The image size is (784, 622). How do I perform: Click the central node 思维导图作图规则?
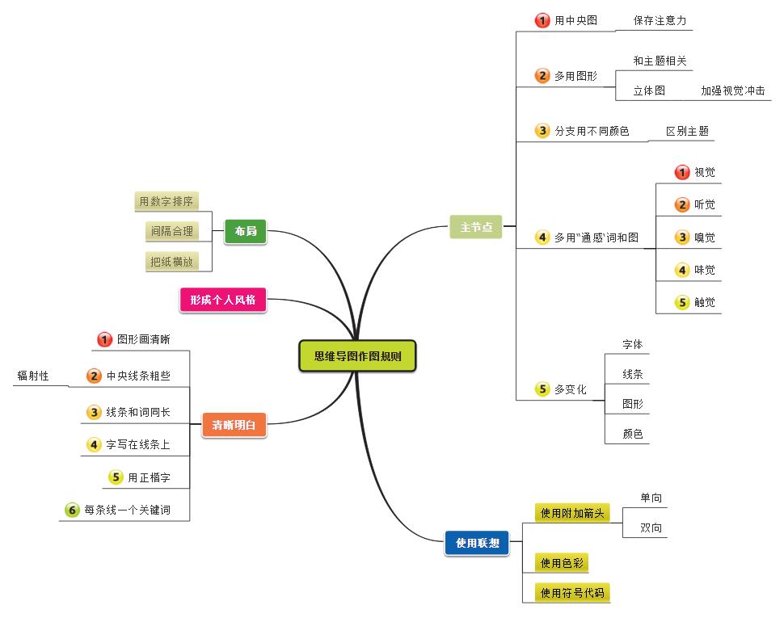pyautogui.click(x=357, y=355)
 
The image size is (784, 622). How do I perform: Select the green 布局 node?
pyautogui.click(x=245, y=232)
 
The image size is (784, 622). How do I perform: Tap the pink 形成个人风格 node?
pyautogui.click(x=222, y=300)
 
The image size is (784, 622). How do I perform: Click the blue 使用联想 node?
pyautogui.click(x=477, y=543)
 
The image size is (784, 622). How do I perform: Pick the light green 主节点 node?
pyautogui.click(x=476, y=228)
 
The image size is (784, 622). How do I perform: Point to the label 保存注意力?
pyautogui.click(x=660, y=20)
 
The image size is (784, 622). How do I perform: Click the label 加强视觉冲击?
pyautogui.click(x=732, y=91)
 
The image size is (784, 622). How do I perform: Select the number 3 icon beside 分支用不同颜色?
pyautogui.click(x=542, y=130)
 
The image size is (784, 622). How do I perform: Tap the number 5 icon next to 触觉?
pyautogui.click(x=682, y=303)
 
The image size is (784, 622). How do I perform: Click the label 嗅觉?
pyautogui.click(x=704, y=237)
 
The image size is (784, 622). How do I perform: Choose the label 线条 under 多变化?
pyautogui.click(x=633, y=374)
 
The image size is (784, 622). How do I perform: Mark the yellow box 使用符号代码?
pyautogui.click(x=572, y=593)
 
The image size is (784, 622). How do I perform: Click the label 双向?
pyautogui.click(x=651, y=528)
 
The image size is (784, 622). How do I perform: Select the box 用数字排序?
pyautogui.click(x=166, y=201)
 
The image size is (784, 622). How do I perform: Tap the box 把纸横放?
pyautogui.click(x=171, y=261)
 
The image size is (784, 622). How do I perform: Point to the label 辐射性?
pyautogui.click(x=33, y=376)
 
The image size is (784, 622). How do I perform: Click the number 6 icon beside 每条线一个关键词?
pyautogui.click(x=72, y=510)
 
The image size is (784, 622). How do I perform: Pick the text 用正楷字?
pyautogui.click(x=149, y=477)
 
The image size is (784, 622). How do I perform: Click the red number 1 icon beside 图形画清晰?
pyautogui.click(x=104, y=339)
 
